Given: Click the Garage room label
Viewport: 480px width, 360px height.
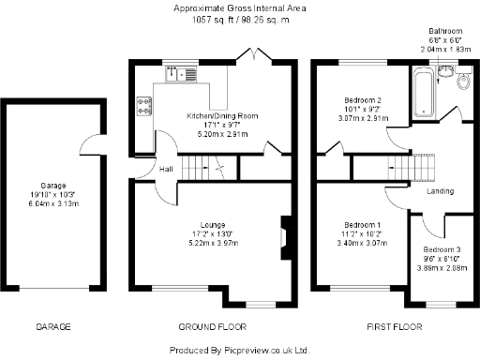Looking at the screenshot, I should [52, 185].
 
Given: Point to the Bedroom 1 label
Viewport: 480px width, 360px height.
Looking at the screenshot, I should [361, 225].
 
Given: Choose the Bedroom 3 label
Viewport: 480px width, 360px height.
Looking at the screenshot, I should [440, 249].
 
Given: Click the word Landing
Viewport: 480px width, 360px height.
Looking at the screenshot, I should [441, 191].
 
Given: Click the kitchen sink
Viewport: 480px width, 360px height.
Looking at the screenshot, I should [183, 75].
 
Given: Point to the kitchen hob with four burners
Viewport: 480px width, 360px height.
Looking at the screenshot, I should [145, 106].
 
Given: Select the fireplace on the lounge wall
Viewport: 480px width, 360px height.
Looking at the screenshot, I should [285, 230].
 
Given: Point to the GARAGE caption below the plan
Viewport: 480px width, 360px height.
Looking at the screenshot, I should [53, 327].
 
